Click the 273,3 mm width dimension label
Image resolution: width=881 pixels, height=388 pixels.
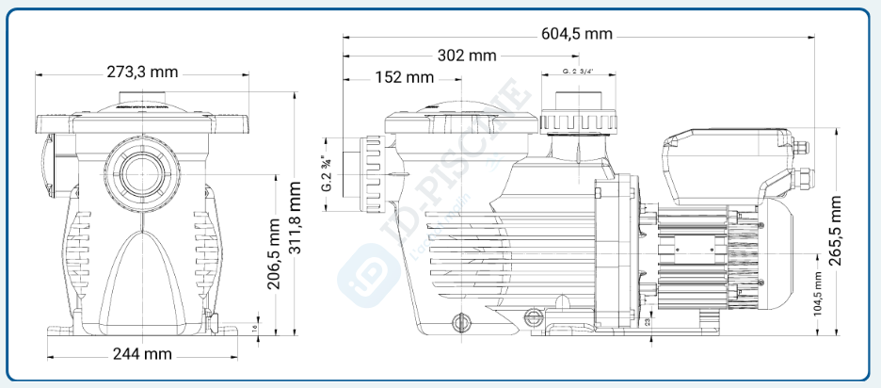(142, 73)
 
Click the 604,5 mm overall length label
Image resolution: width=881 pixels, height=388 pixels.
(577, 34)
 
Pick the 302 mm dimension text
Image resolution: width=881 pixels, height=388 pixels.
(467, 56)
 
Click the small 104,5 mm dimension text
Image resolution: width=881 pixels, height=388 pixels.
(818, 294)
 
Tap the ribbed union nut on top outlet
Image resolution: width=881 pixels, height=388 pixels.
(577, 121)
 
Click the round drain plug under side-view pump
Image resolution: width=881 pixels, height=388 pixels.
(460, 324)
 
